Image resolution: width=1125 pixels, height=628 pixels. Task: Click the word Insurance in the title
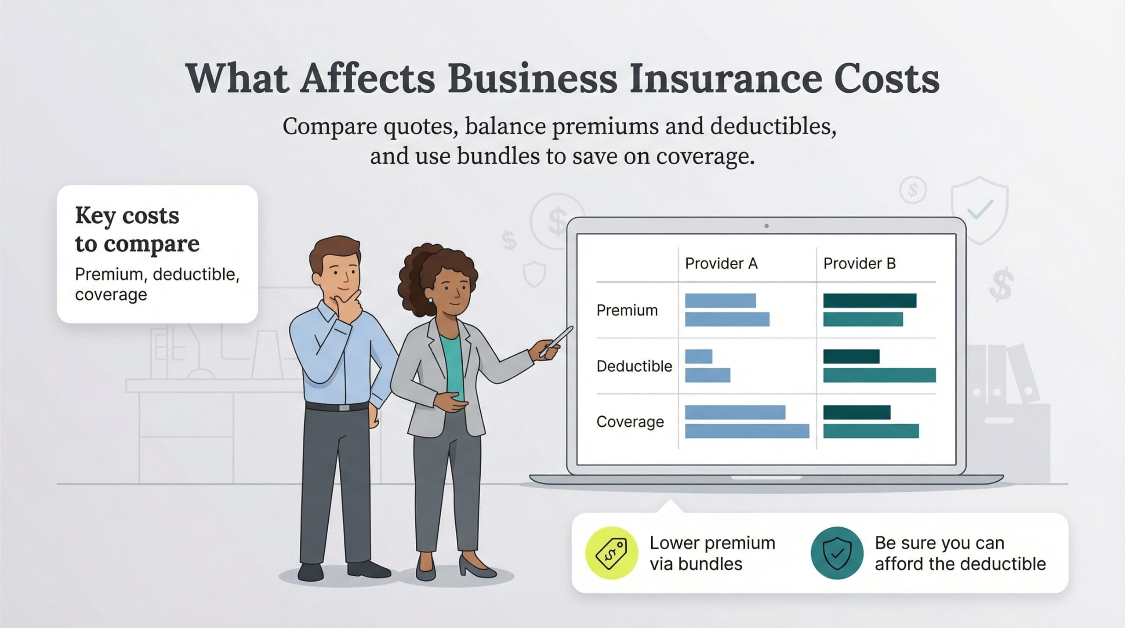[x=725, y=79]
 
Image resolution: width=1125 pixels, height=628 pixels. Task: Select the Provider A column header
[x=721, y=263]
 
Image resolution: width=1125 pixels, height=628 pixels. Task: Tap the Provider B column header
[x=859, y=263]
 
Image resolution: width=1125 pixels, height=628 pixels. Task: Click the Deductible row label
[x=634, y=366]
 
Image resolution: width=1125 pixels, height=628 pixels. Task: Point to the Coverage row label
[x=630, y=422]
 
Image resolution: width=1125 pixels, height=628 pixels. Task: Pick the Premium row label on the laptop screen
[x=627, y=310]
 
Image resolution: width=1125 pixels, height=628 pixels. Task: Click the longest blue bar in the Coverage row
[x=747, y=431]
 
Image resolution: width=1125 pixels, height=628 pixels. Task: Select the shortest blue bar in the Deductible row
[x=698, y=356]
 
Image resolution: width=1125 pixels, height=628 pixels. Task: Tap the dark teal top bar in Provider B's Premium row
[x=870, y=301]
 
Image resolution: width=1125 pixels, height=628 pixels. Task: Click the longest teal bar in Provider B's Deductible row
[x=879, y=375]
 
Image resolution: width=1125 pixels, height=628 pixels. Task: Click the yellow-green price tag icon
[x=611, y=553]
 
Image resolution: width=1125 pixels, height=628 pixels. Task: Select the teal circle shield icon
[x=837, y=553]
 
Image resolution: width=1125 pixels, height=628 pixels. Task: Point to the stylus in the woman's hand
[x=557, y=341]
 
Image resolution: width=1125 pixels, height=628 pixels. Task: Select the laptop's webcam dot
[x=766, y=226]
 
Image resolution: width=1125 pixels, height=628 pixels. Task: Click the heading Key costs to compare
[x=137, y=229]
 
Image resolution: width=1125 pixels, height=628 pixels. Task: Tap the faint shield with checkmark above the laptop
[x=979, y=210]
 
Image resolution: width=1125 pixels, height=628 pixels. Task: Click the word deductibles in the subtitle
[x=773, y=127]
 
